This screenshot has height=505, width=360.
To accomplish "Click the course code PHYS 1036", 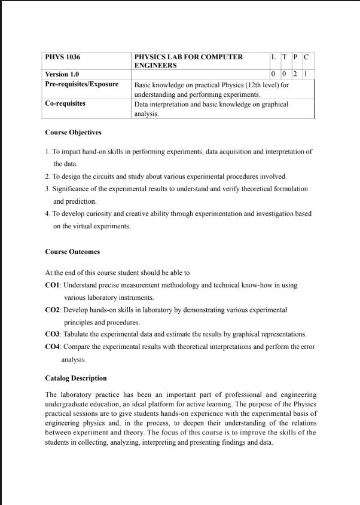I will coord(63,57).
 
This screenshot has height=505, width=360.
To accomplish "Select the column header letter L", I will coord(273,57).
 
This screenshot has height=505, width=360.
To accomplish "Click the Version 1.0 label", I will coord(62,74).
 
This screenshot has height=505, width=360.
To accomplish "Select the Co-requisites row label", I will coord(65,104).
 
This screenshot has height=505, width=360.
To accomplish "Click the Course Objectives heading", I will coord(73,132).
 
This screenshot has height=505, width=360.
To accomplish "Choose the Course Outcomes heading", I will coord(72,252).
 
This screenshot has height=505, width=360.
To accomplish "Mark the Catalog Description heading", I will coord(76,378).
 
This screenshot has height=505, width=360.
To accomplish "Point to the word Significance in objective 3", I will coord(71,189).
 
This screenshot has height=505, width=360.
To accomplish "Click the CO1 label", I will coord(53,286).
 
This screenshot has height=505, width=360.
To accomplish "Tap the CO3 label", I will coord(53,334).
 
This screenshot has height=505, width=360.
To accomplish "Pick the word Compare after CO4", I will coord(77,347).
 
